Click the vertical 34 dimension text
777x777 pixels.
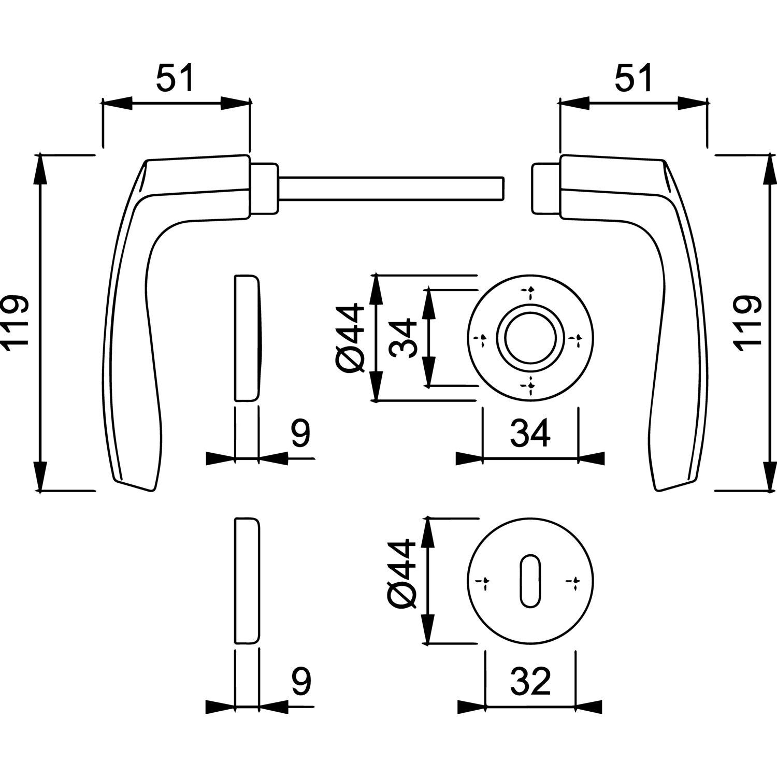coord(403,338)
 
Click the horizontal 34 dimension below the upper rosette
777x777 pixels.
coord(530,434)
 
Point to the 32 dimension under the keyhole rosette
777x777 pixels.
coord(530,682)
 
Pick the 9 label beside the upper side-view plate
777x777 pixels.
coord(300,434)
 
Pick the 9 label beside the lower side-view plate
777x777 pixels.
coord(300,682)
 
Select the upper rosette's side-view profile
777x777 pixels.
coord(247,338)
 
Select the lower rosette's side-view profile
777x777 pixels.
coord(247,580)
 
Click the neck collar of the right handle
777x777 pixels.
coord(545,189)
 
